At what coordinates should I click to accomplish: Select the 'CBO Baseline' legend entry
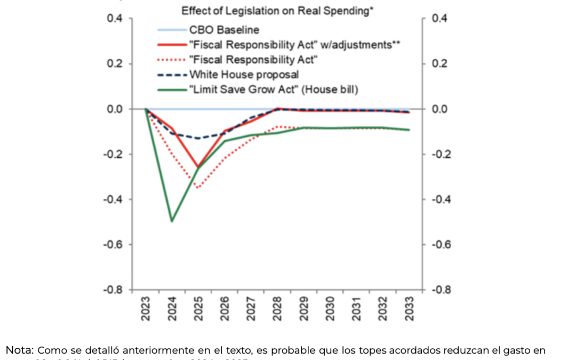pyautogui.click(x=224, y=30)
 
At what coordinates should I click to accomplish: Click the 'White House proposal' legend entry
pyautogui.click(x=244, y=75)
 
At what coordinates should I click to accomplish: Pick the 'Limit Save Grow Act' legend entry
pyautogui.click(x=274, y=90)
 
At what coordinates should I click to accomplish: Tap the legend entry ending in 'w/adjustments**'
pyautogui.click(x=295, y=45)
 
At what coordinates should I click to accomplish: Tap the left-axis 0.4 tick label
pyautogui.click(x=115, y=19)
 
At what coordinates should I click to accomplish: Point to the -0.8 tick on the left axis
pyautogui.click(x=113, y=290)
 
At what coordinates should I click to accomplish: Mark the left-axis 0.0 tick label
pyautogui.click(x=115, y=109)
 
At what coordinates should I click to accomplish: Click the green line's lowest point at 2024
pyautogui.click(x=172, y=221)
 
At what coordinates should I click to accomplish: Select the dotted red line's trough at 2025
pyautogui.click(x=198, y=188)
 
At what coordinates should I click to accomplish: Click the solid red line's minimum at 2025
pyautogui.click(x=198, y=166)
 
